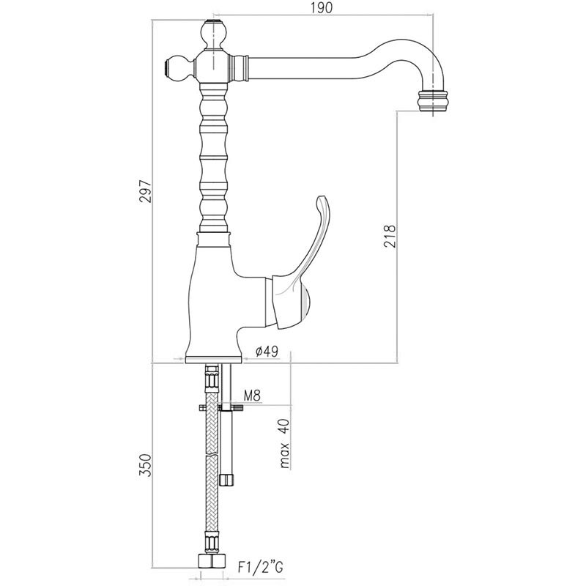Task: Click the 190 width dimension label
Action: coord(322,7)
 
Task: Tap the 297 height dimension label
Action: coord(145,191)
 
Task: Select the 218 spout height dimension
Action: coord(389,236)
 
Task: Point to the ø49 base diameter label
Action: coord(267,352)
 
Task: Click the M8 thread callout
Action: coord(252,396)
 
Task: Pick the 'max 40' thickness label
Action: coord(284,444)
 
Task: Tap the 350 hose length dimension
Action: coord(145,465)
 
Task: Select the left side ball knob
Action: coord(179,68)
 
